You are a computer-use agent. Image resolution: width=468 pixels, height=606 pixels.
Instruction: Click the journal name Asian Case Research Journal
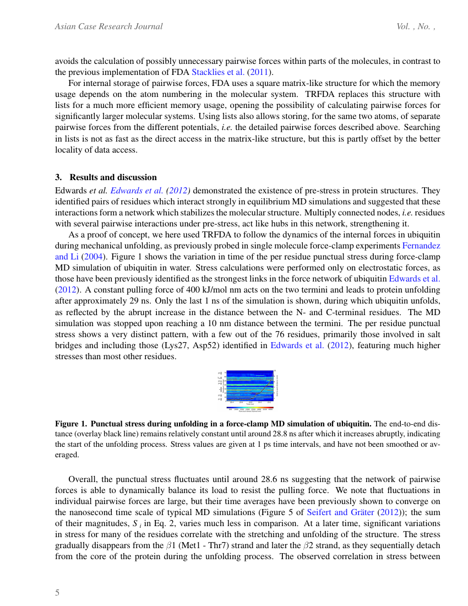point(108,26)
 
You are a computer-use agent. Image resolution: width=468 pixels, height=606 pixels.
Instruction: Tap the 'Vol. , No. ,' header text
point(416,26)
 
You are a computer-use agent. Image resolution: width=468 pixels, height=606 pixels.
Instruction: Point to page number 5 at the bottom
point(57,593)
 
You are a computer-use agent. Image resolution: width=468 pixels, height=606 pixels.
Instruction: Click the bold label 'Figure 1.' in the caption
point(71,424)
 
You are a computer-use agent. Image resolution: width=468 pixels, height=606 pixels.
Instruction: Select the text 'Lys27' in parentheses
point(171,345)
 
